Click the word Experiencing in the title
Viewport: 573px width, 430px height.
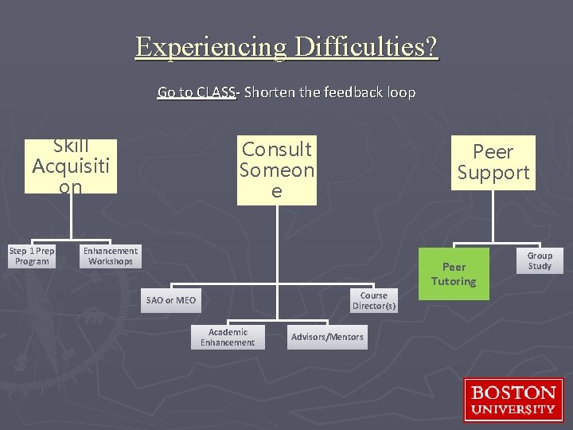[x=212, y=48]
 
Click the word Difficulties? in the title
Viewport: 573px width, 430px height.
[x=366, y=48]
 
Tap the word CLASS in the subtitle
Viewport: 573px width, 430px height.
[x=216, y=92]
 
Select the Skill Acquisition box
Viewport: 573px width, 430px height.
[x=71, y=166]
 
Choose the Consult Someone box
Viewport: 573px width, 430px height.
[x=277, y=170]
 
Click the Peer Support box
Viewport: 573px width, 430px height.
[x=493, y=162]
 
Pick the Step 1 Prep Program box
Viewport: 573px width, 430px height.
[x=32, y=256]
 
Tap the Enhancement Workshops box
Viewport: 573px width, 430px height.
[x=110, y=256]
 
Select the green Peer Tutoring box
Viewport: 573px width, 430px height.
[x=454, y=274]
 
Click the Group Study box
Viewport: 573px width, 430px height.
[x=540, y=261]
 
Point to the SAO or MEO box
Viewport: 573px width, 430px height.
[x=170, y=300]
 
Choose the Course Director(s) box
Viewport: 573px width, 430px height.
[x=374, y=300]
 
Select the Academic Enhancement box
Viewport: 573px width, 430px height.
[x=228, y=337]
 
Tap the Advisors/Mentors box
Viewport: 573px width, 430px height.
[x=327, y=337]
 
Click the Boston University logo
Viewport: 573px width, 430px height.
[x=513, y=400]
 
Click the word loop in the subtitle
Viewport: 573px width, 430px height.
[x=400, y=92]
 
